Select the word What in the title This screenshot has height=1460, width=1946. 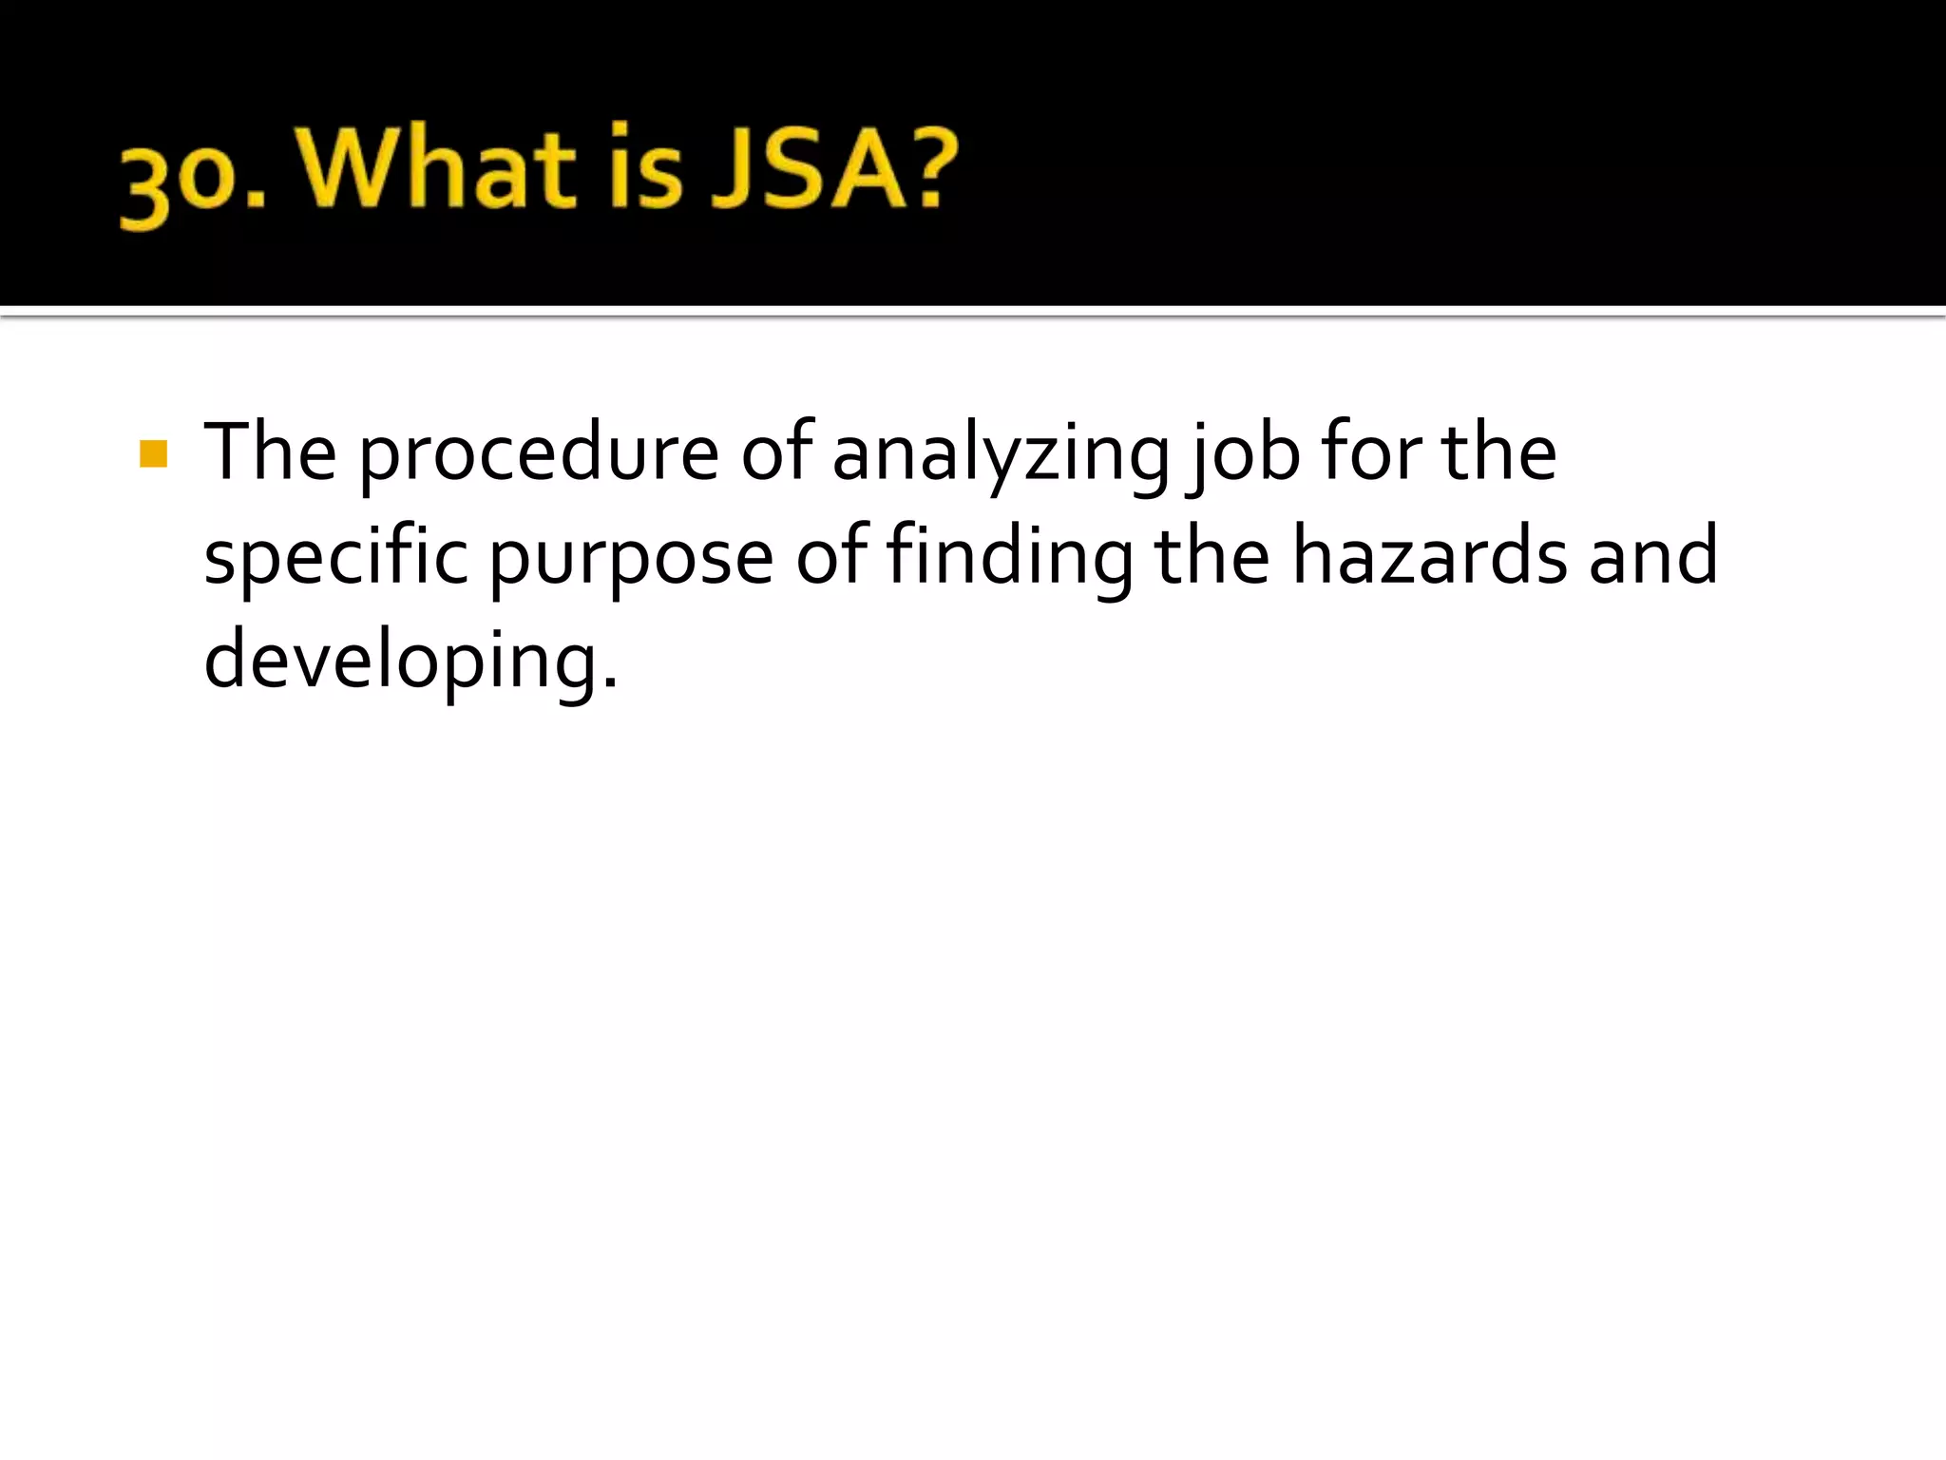[439, 169]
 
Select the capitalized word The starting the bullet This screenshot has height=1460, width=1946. [270, 451]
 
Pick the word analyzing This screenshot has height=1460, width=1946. [1001, 456]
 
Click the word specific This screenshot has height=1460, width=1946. [335, 558]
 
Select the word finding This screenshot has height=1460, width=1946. [1009, 558]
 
